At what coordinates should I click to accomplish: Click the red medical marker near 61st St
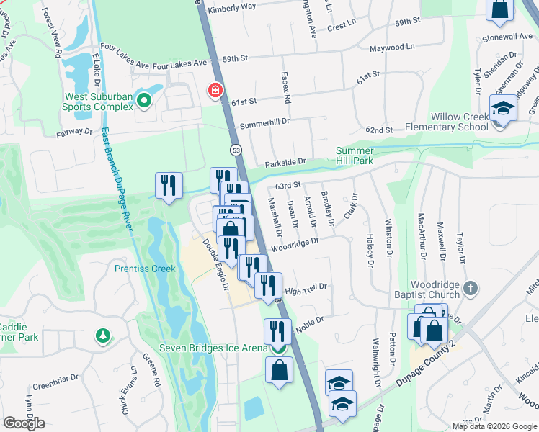point(215,90)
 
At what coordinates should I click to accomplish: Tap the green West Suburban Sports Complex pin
point(144,101)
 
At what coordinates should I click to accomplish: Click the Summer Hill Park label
point(354,156)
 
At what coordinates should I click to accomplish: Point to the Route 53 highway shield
point(236,150)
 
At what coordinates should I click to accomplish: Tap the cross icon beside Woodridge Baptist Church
point(471,288)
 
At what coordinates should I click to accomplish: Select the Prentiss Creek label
point(145,269)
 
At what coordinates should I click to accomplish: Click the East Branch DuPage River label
point(116,180)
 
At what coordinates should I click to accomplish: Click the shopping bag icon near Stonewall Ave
point(499,9)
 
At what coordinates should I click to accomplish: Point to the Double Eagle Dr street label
point(215,264)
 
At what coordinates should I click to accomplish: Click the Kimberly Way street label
point(231,8)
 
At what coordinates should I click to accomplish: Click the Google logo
point(24,423)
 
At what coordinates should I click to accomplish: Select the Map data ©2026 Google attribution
point(494,426)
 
